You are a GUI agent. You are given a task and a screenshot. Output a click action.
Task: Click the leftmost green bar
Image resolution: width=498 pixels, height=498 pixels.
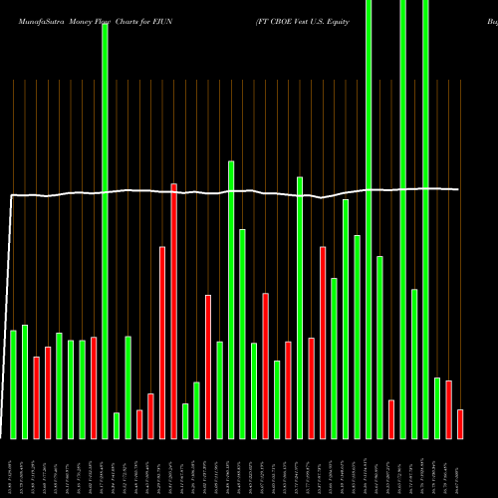(13, 383)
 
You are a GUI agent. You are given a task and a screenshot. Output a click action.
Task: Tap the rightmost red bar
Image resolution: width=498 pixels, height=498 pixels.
(460, 423)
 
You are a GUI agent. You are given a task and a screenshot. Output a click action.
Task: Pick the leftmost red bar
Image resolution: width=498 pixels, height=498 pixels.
(36, 397)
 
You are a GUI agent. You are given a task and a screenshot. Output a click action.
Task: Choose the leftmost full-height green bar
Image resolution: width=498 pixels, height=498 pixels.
(105, 229)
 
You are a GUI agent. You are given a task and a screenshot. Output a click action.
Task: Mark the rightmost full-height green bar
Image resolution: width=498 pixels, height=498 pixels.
(425, 219)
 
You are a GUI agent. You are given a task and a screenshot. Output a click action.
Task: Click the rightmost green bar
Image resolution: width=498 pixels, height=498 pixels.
(437, 407)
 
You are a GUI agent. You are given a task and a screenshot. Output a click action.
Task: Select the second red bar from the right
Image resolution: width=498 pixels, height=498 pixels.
(448, 409)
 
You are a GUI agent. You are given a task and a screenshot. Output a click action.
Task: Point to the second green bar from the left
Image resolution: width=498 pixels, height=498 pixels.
(25, 381)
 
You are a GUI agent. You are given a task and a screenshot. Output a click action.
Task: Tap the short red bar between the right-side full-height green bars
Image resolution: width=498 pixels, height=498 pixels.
(391, 418)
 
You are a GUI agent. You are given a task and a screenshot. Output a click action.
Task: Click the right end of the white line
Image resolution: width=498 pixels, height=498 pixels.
(458, 189)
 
